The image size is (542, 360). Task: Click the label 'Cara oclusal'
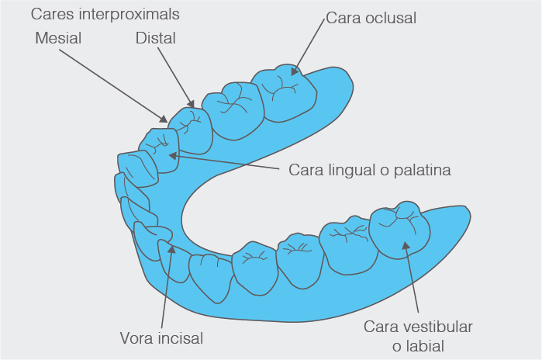(371, 18)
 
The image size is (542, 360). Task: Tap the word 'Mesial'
(58, 37)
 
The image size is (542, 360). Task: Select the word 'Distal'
(155, 37)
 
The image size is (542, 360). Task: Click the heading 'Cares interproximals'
(105, 14)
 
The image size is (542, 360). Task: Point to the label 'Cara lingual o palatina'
(369, 169)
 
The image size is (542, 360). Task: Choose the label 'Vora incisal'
(161, 338)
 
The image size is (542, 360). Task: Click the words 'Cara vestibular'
(418, 326)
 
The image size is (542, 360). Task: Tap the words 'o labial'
(418, 345)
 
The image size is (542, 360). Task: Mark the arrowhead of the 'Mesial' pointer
(164, 119)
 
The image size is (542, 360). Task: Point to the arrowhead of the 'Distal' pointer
(192, 104)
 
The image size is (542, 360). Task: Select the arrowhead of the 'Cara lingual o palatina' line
(172, 155)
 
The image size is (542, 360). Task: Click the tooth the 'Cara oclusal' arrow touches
(288, 92)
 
